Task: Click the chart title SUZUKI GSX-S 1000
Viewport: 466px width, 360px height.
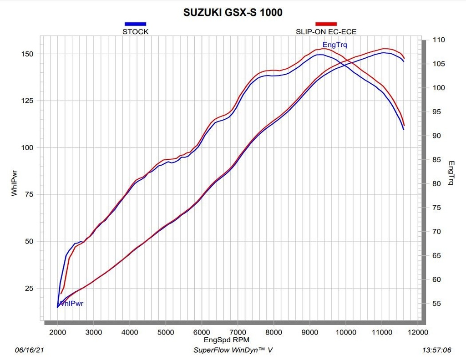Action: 233,12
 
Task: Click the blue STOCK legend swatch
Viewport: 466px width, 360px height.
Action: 135,24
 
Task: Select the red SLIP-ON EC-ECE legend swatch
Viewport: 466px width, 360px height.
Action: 326,24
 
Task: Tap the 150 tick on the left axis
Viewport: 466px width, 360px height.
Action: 27,54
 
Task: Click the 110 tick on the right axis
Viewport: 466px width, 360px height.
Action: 439,40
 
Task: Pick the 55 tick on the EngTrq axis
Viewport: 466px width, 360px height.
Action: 436,304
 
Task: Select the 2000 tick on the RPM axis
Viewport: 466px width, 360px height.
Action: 58,332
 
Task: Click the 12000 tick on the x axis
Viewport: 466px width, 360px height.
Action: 418,332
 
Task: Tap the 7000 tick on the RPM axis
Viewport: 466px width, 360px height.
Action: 238,332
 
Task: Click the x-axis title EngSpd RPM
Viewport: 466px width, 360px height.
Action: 227,340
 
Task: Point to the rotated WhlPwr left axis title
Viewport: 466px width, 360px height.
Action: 14,183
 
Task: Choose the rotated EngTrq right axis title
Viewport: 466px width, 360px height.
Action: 451,173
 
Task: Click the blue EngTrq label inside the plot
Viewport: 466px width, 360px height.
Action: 334,45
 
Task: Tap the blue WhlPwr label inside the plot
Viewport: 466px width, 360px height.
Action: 71,304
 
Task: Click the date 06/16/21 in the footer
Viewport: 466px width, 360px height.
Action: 30,350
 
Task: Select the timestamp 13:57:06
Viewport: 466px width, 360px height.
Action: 436,350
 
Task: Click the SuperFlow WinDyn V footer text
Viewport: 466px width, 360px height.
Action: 233,350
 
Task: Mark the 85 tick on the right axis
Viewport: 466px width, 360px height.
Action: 436,160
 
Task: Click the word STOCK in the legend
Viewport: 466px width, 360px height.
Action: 136,32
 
